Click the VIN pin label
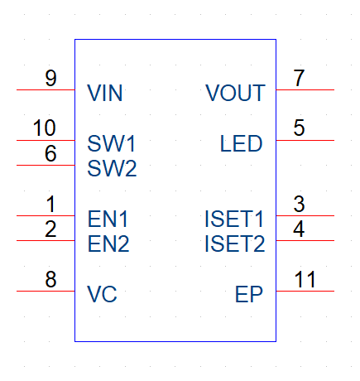click(x=105, y=93)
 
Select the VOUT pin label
click(x=235, y=93)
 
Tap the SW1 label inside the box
click(x=112, y=143)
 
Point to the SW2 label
click(x=112, y=168)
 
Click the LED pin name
click(x=241, y=143)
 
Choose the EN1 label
click(x=108, y=219)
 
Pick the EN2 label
click(x=108, y=244)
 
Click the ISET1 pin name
click(x=234, y=219)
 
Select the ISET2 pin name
click(x=235, y=244)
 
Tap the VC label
click(x=102, y=294)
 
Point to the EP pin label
click(x=249, y=294)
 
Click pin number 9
click(x=50, y=78)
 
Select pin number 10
click(x=45, y=128)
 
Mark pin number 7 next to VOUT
click(x=299, y=78)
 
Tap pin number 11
click(x=305, y=279)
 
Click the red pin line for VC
click(x=46, y=291)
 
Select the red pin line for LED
click(x=305, y=140)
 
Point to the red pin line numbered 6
click(x=46, y=165)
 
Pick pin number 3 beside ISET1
click(x=299, y=204)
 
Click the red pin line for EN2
click(x=46, y=240)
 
